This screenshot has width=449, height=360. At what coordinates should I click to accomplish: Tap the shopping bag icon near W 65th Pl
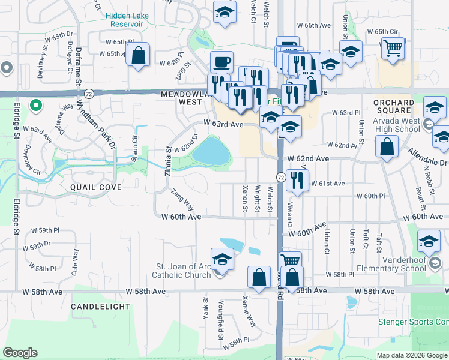pos(139,55)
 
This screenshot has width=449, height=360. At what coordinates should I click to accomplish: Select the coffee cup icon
pos(221,62)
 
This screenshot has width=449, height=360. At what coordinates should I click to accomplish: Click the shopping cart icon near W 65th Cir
pos(393,47)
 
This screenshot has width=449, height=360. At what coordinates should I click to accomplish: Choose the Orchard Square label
pos(393,106)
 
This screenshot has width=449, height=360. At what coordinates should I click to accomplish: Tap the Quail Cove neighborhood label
pos(96,187)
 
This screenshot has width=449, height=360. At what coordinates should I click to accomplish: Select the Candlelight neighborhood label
pos(100,307)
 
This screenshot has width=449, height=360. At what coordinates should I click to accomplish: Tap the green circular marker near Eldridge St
pos(35,106)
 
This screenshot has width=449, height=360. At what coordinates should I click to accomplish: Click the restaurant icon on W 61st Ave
pos(298,180)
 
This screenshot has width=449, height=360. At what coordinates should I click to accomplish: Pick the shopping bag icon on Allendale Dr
pos(387,146)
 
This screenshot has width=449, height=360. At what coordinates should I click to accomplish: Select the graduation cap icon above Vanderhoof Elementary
pos(429,241)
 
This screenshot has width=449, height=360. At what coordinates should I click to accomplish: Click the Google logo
pos(20,353)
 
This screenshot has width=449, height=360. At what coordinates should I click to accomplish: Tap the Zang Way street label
pos(182,199)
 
